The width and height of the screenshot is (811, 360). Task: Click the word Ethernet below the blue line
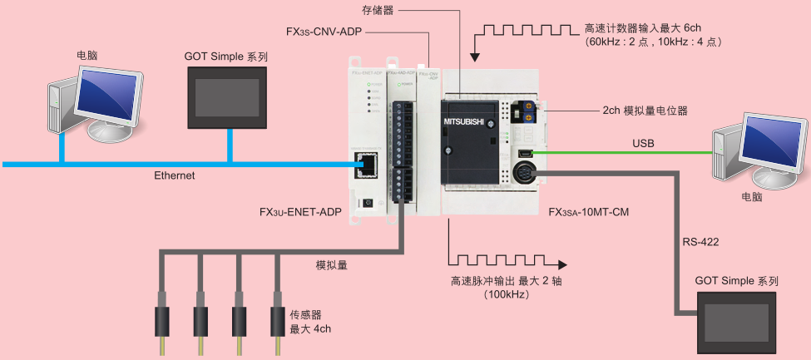[x=174, y=176]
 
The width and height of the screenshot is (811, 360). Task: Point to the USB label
[x=643, y=144]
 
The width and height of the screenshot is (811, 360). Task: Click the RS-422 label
[x=700, y=242]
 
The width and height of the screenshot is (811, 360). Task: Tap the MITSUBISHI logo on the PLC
[x=467, y=122]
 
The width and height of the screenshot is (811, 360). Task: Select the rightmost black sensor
[x=279, y=320]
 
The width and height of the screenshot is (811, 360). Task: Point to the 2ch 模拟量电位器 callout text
[x=645, y=110]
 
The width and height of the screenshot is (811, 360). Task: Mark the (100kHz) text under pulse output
[x=506, y=295]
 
